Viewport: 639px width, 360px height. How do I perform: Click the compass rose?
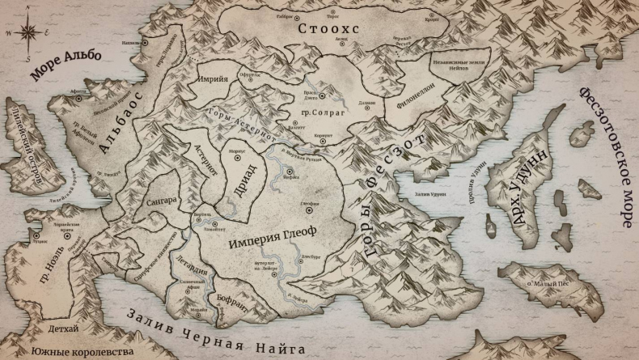pos(26,33)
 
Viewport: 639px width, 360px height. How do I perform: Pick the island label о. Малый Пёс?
pos(550,286)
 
